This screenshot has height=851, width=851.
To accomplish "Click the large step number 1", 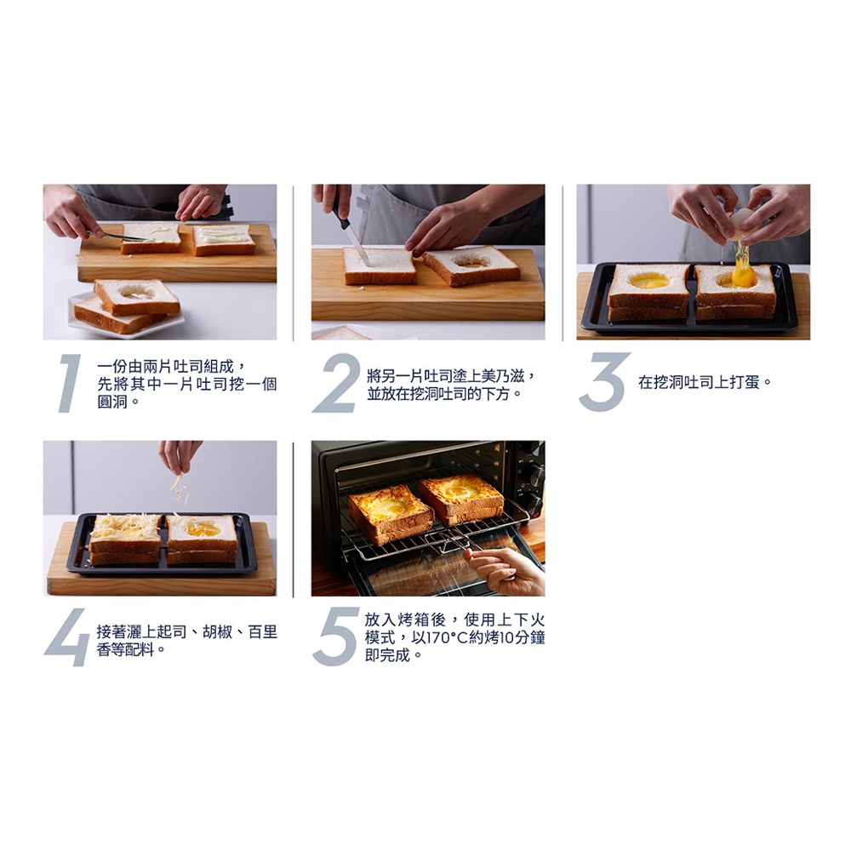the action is click(70, 383).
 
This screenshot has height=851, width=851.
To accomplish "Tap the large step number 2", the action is click(336, 383).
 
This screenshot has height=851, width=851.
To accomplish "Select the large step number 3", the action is click(604, 382).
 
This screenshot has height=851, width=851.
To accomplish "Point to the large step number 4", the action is click(66, 637).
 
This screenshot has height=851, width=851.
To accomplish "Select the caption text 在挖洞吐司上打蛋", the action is click(699, 383).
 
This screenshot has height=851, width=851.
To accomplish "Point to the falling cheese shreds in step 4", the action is click(179, 489).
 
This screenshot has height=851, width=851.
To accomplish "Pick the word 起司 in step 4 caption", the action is click(172, 631).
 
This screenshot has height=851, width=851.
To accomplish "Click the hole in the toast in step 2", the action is click(471, 262).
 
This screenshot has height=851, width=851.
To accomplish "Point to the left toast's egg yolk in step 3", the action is click(649, 280).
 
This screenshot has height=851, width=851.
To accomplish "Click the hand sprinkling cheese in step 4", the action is click(180, 454).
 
